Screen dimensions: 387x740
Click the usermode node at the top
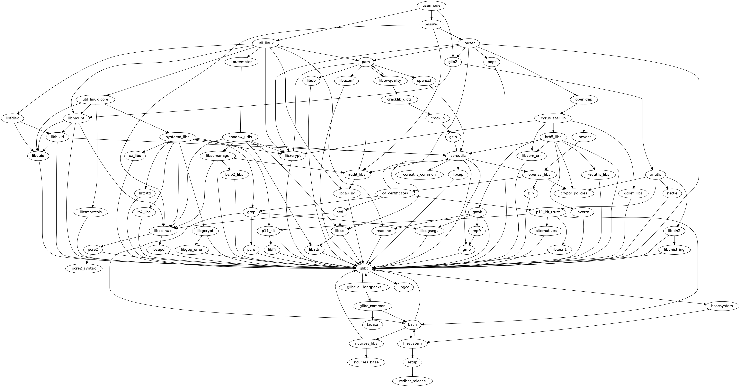click(x=432, y=5)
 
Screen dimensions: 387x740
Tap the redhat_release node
click(x=412, y=381)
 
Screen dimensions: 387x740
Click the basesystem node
click(x=722, y=306)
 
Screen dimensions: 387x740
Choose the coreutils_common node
click(x=419, y=174)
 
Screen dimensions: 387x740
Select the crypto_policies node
click(x=574, y=193)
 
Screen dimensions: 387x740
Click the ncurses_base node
click(x=366, y=362)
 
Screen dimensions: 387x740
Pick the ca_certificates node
click(x=395, y=193)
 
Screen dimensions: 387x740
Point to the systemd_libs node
click(x=178, y=137)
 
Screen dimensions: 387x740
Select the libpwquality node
click(x=390, y=81)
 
